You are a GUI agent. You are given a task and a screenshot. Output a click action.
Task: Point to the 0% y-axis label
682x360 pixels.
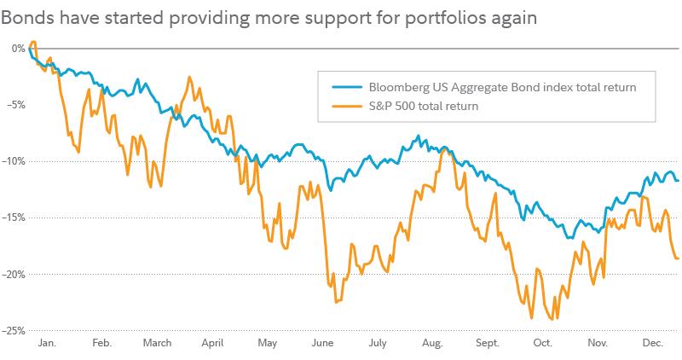click(x=18, y=48)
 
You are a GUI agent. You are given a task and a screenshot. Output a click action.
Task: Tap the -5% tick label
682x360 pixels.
click(x=15, y=105)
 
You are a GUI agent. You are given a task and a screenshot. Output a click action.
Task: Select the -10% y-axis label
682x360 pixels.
click(x=14, y=161)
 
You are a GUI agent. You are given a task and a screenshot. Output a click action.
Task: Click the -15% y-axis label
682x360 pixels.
click(x=14, y=218)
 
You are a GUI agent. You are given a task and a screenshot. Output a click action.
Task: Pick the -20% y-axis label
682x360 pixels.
click(x=14, y=274)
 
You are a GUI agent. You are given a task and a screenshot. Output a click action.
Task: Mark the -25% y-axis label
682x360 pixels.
click(x=14, y=331)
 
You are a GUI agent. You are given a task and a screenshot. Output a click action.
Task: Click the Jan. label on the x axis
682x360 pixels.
click(x=47, y=343)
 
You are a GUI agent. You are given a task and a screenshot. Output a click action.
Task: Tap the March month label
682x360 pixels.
click(x=157, y=343)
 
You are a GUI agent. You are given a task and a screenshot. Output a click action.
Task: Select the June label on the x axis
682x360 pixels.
click(x=322, y=343)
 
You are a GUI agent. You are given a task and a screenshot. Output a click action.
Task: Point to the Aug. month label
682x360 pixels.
click(x=432, y=343)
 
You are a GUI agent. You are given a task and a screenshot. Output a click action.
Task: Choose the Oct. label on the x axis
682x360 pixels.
click(x=542, y=343)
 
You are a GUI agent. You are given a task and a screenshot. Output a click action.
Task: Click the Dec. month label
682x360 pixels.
click(x=652, y=343)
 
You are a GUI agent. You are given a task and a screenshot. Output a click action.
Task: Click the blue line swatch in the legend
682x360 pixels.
click(x=346, y=87)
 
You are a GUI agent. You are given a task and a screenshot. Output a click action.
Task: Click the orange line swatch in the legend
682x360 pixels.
click(x=346, y=107)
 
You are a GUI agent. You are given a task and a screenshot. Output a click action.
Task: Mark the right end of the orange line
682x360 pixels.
click(x=679, y=258)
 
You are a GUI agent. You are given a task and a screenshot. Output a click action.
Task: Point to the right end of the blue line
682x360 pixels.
click(x=679, y=180)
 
